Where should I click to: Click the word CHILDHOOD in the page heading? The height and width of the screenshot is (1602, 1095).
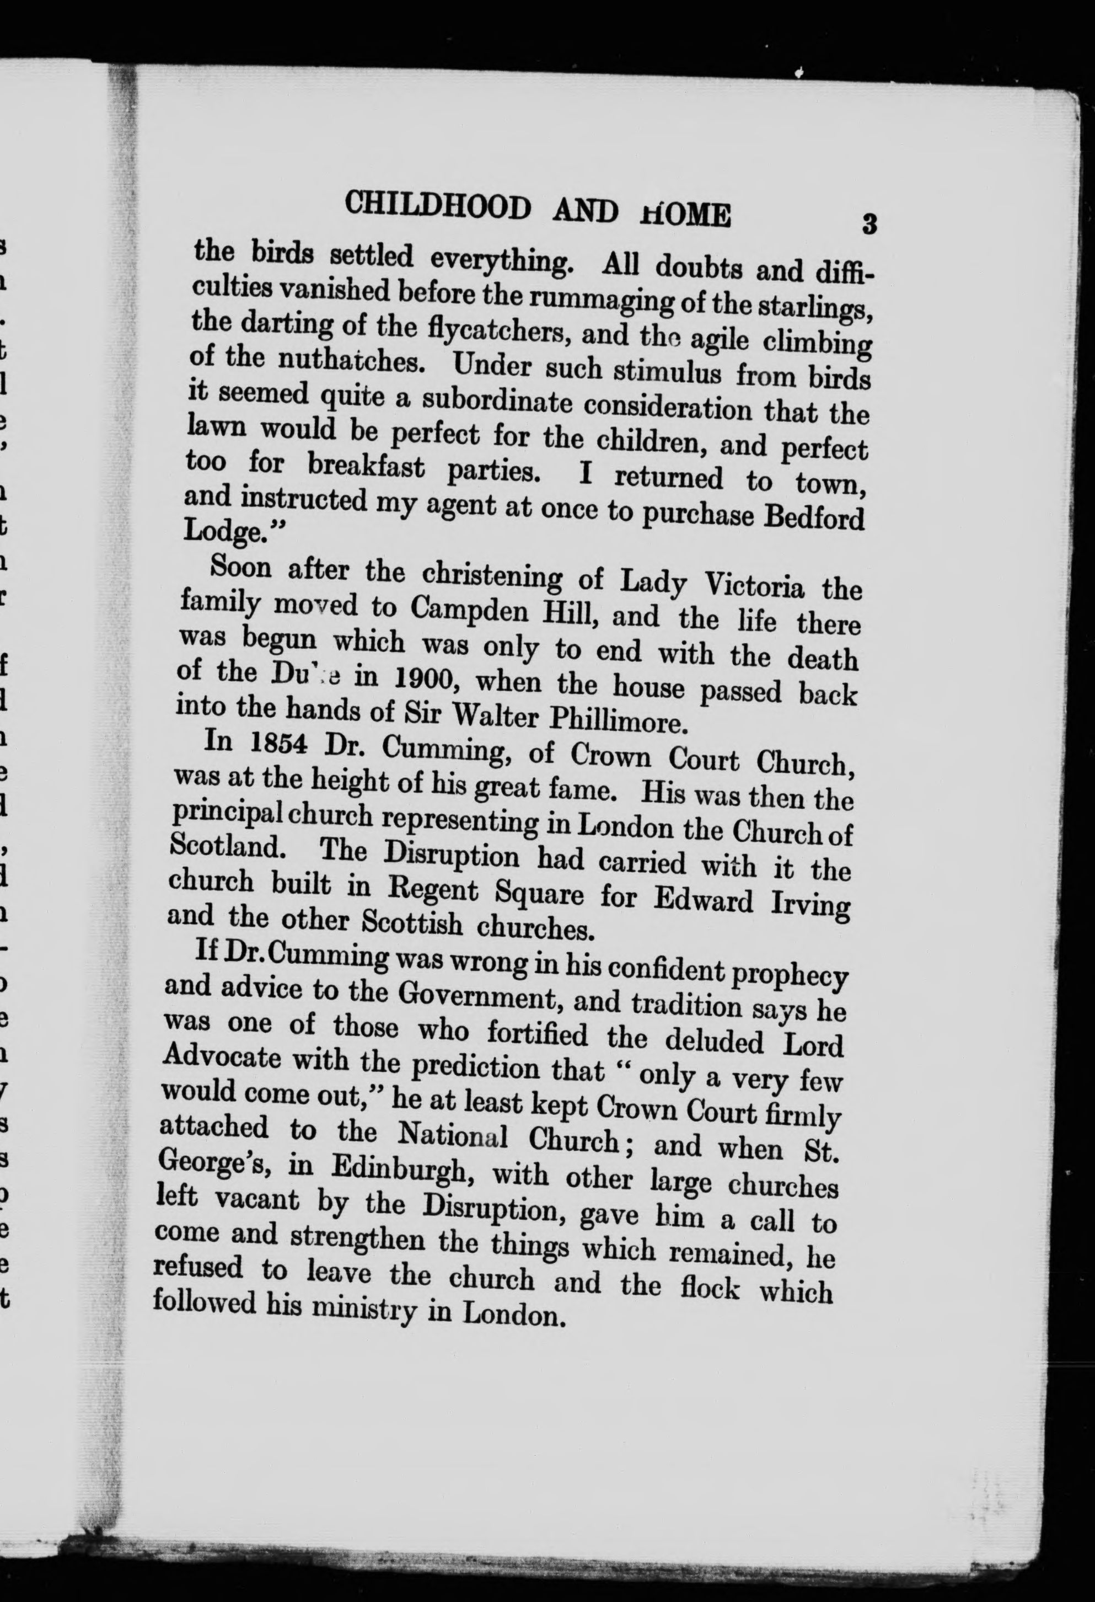pyautogui.click(x=438, y=205)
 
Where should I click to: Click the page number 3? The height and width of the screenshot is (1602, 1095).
pyautogui.click(x=869, y=225)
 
